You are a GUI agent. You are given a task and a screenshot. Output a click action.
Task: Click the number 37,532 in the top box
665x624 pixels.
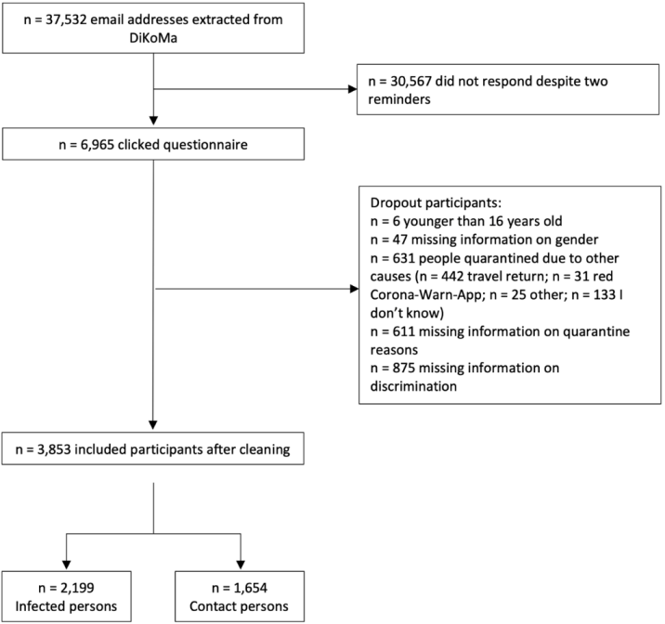tap(66, 19)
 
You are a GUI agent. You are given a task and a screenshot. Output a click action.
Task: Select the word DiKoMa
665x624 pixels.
tap(153, 38)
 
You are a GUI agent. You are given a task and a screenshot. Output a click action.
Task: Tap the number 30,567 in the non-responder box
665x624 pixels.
tap(411, 81)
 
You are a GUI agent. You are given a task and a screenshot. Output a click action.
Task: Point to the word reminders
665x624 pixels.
tap(399, 99)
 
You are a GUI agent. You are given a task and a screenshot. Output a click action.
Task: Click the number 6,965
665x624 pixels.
tap(98, 145)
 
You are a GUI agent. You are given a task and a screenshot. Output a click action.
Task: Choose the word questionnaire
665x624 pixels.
tap(205, 145)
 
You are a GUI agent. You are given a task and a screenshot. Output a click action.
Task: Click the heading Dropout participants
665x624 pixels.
tap(436, 202)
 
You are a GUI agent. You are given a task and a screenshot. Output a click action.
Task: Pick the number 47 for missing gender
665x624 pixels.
tap(399, 240)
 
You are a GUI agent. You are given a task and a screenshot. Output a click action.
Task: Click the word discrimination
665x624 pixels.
tap(413, 386)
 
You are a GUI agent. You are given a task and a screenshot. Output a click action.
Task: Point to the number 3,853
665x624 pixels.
tap(54, 449)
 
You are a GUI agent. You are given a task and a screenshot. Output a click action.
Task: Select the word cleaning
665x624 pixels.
tap(265, 449)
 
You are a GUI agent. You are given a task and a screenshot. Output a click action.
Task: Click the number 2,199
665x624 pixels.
tap(77, 588)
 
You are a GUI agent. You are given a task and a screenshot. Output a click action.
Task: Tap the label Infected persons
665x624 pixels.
tap(66, 606)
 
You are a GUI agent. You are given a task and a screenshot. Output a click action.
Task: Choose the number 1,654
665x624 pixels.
tap(250, 588)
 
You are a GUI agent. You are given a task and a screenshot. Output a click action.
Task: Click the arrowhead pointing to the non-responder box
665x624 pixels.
tap(352, 89)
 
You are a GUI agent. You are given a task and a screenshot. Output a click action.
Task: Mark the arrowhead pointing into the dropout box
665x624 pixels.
tap(354, 289)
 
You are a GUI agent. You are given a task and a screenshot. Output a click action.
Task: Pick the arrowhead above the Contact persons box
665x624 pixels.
tap(241, 565)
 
